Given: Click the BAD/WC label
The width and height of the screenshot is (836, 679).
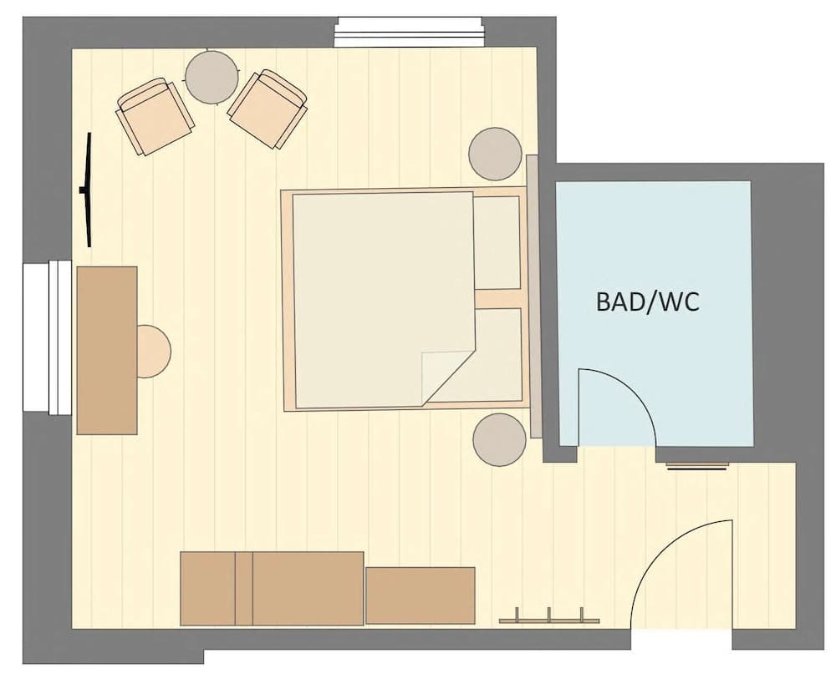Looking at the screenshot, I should tap(647, 301).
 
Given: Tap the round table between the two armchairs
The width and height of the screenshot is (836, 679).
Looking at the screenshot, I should tap(212, 78).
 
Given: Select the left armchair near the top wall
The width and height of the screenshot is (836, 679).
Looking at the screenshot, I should tap(155, 116).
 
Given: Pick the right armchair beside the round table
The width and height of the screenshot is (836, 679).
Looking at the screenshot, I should tap(268, 109).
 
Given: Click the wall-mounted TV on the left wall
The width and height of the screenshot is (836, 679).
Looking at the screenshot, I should tap(86, 190).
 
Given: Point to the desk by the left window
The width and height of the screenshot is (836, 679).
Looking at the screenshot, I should tap(107, 350).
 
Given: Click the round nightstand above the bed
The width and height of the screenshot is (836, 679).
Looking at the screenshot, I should tap(496, 154).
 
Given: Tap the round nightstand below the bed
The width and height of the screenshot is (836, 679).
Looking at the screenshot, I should tap(499, 439).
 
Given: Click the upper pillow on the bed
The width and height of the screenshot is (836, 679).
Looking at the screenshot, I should tap(497, 243).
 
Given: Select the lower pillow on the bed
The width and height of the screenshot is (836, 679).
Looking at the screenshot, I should tap(497, 355).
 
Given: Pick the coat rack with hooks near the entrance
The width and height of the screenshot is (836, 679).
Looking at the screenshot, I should tap(548, 618).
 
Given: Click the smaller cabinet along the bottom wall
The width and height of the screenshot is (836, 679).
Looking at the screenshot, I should tap(421, 595).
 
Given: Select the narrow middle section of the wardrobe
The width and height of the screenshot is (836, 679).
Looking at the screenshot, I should tap(243, 588).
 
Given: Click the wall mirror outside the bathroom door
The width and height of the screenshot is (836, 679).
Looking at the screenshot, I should tap(697, 465).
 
